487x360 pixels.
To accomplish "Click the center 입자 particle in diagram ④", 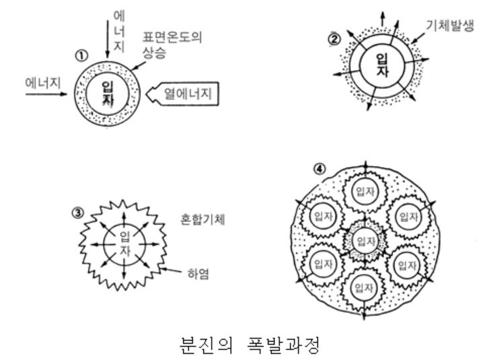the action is click(364, 240).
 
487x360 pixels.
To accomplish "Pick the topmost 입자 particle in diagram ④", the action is click(364, 195).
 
